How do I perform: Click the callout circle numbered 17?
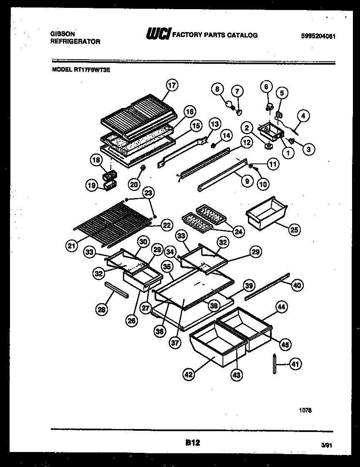(x=171, y=85)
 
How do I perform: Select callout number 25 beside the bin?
(x=295, y=229)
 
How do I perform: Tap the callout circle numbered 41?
(x=295, y=364)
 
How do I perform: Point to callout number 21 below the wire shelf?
(x=72, y=246)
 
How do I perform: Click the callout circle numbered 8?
(x=217, y=89)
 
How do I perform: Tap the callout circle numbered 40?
(x=297, y=285)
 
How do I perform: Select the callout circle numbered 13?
(x=214, y=124)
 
